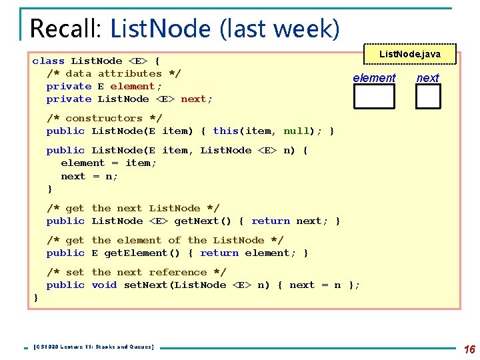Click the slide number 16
pos(469,349)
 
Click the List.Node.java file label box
pos(409,54)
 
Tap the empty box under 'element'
pos(373,97)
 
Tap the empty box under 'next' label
pos(428,97)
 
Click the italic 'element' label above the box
pos(374,78)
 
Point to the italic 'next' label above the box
pos(428,78)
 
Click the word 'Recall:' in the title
pos(67,29)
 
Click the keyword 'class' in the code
pos(49,61)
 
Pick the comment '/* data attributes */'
pos(113,73)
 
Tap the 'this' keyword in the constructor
pos(225,131)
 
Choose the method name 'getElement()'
pos(148,253)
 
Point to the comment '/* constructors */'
pos(104,118)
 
